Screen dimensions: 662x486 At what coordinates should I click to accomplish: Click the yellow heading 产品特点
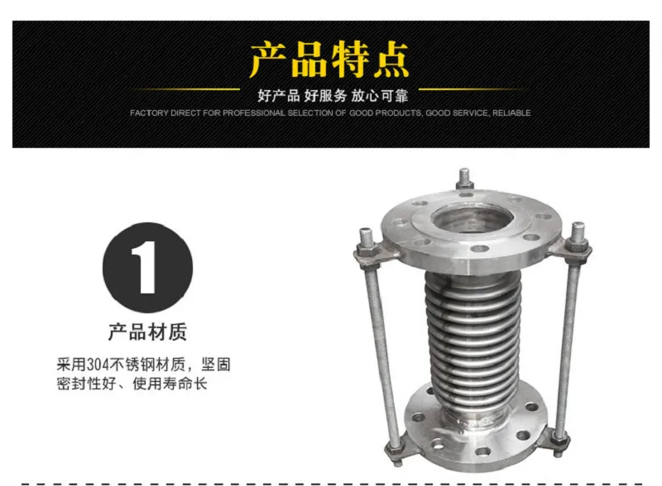(x=329, y=60)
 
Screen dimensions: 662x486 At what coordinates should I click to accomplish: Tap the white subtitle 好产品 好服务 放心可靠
(x=333, y=96)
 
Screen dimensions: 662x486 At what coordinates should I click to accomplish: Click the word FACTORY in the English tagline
(x=149, y=113)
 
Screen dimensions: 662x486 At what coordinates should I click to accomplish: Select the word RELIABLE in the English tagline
(x=511, y=113)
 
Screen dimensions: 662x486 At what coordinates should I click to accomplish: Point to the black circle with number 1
(x=148, y=268)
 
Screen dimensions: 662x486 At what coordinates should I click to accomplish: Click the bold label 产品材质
(x=148, y=331)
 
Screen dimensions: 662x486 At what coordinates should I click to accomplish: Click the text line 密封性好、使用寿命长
(x=132, y=384)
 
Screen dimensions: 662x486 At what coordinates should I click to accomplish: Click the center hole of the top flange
(x=473, y=219)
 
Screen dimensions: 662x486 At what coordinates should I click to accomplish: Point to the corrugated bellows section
(x=473, y=337)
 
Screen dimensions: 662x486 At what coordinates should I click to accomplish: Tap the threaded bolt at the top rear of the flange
(x=464, y=179)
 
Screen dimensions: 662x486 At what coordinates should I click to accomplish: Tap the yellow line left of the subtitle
(x=186, y=89)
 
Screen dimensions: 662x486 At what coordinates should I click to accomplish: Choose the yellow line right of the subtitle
(x=471, y=89)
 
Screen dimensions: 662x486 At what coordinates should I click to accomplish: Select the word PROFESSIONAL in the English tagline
(x=254, y=113)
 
